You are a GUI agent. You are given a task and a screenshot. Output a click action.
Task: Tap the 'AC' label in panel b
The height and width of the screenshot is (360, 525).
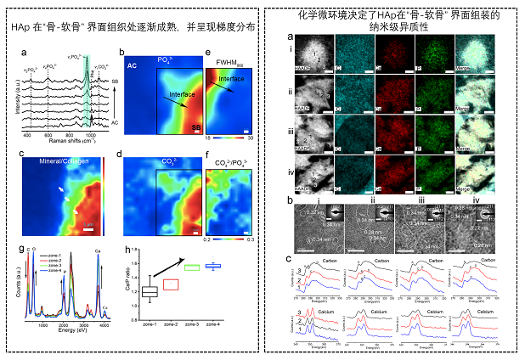click(133, 65)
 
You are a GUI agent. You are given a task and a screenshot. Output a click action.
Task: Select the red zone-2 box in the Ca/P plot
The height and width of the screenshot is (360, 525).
click(171, 284)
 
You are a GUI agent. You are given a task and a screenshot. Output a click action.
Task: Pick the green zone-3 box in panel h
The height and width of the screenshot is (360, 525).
click(192, 268)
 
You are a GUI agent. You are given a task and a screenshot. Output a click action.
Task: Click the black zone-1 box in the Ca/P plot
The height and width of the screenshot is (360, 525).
click(150, 291)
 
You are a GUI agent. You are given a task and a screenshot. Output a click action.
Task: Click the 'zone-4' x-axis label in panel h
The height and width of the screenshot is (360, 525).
click(212, 324)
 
